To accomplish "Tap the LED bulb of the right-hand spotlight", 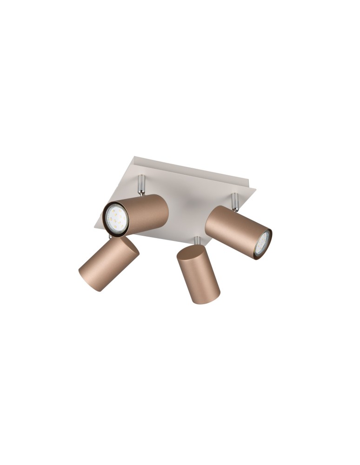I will [x=263, y=242].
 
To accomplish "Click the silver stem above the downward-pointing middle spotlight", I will [x=198, y=240].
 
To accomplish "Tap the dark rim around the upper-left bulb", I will [x=105, y=219].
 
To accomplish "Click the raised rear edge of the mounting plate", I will [x=195, y=170].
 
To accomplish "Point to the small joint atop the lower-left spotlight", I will [x=110, y=237].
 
